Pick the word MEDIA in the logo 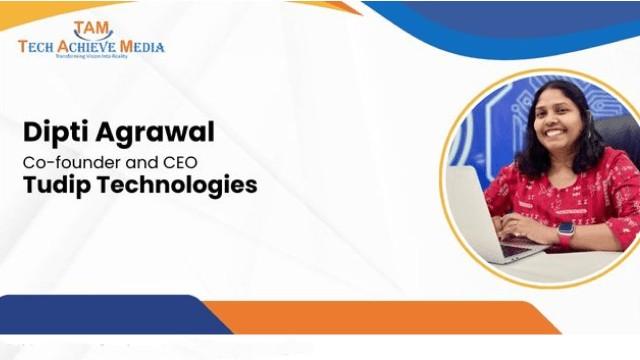[x=142, y=46]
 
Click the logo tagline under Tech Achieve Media [x=91, y=56]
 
